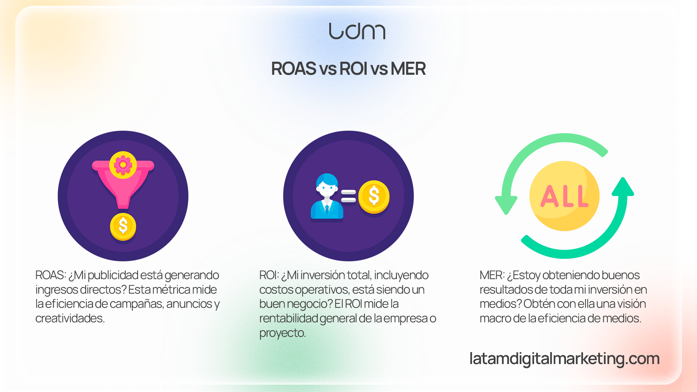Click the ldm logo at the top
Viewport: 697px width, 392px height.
(x=357, y=31)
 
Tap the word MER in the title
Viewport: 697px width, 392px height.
(x=408, y=69)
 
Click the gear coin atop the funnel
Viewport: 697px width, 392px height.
(x=123, y=165)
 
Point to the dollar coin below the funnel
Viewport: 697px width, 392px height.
(x=123, y=226)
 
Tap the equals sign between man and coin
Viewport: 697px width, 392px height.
(x=348, y=196)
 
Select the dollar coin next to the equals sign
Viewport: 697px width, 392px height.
(x=374, y=196)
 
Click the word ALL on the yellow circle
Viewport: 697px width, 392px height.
(x=564, y=196)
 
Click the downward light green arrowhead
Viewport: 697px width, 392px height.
(x=506, y=205)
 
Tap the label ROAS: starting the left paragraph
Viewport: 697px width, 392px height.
(x=51, y=275)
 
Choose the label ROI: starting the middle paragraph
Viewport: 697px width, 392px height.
(x=269, y=275)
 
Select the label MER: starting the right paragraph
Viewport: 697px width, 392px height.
(x=492, y=275)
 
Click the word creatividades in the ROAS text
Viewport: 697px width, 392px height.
(x=70, y=318)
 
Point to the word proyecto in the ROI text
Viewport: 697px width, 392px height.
(x=282, y=333)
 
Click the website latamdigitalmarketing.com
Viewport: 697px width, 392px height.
(x=564, y=359)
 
